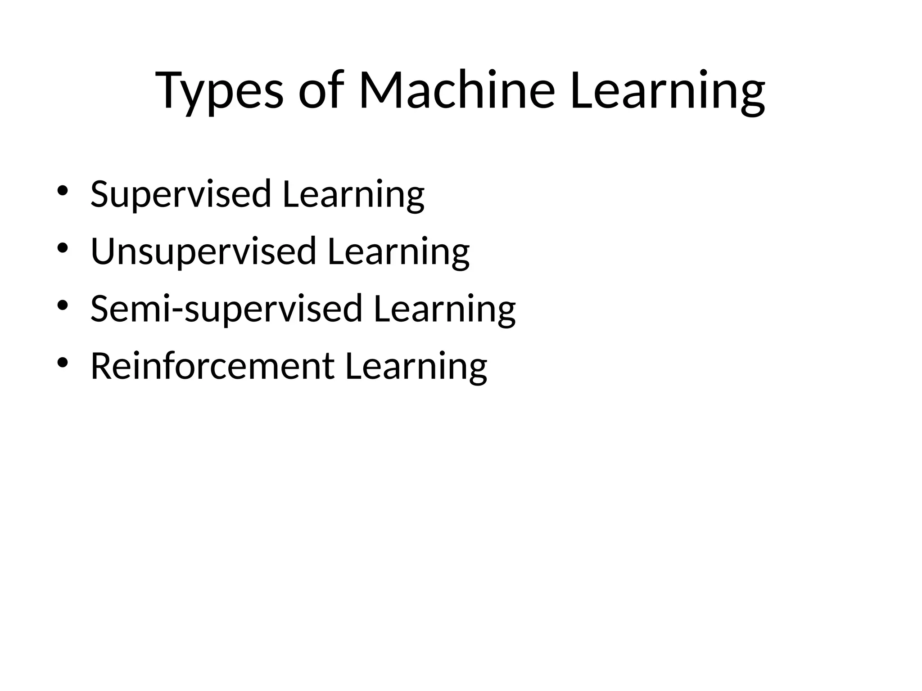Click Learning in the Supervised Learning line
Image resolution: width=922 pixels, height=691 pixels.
353,194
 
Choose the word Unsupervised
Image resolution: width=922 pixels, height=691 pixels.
203,251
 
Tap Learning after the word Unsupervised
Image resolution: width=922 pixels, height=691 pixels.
398,251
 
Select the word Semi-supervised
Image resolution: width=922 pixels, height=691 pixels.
226,309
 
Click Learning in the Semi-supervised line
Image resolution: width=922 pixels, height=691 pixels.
444,309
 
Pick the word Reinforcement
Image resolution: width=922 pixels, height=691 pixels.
212,366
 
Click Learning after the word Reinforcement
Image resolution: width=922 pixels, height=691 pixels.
416,366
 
